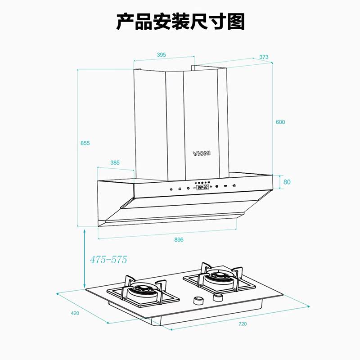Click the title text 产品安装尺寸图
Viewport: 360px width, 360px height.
(x=180, y=22)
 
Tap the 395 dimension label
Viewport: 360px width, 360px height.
(x=161, y=55)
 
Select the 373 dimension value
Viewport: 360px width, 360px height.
(x=264, y=57)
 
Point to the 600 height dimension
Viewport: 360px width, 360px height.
(x=281, y=122)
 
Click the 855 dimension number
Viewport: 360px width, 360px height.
(x=85, y=143)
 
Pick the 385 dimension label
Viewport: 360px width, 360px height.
(x=115, y=163)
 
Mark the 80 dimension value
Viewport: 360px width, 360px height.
(x=287, y=182)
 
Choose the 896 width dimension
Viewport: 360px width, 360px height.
(x=179, y=240)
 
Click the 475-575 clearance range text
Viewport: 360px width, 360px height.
(x=108, y=260)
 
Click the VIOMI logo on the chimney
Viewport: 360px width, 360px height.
(x=202, y=153)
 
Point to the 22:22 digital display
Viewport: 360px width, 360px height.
(x=202, y=186)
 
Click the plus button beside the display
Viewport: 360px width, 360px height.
(x=211, y=186)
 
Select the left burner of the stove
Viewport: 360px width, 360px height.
(x=143, y=292)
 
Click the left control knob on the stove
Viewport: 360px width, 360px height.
(x=197, y=300)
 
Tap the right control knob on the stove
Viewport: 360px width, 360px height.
(x=218, y=297)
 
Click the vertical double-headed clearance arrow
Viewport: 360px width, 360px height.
(x=85, y=259)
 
